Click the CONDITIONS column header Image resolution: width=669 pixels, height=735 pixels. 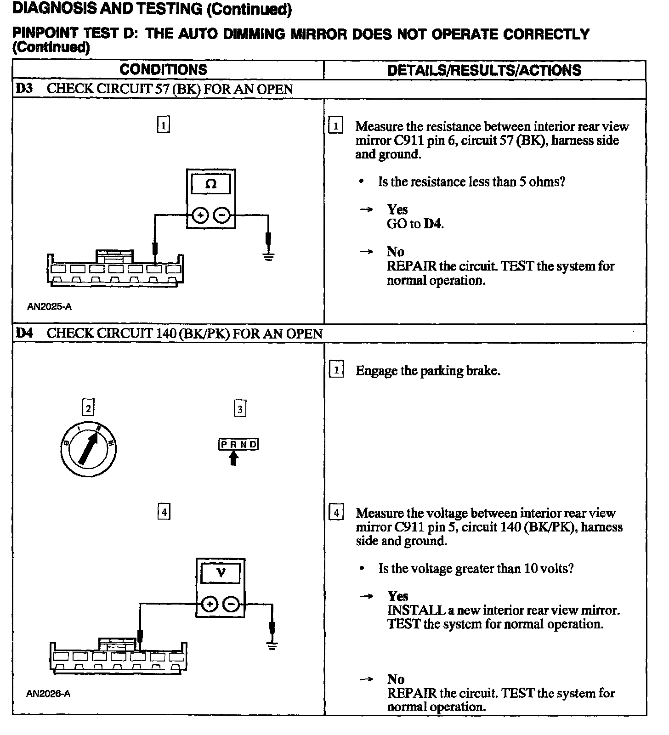pyautogui.click(x=163, y=70)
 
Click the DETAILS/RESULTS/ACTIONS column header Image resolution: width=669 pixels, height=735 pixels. pyautogui.click(x=484, y=70)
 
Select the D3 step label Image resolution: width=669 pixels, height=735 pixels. pyautogui.click(x=24, y=89)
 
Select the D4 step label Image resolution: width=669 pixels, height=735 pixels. pyautogui.click(x=24, y=333)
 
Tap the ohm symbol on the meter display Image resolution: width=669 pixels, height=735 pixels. pyautogui.click(x=210, y=184)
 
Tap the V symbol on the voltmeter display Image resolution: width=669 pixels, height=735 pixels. pyautogui.click(x=221, y=573)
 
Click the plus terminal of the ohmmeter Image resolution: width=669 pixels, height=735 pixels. pyautogui.click(x=200, y=215)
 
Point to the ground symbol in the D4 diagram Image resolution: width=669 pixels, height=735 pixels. pyautogui.click(x=272, y=646)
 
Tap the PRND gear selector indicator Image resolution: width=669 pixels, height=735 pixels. pyautogui.click(x=238, y=444)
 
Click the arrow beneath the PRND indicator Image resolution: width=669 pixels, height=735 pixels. pyautogui.click(x=234, y=458)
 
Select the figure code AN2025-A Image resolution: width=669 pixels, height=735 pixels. pyautogui.click(x=49, y=306)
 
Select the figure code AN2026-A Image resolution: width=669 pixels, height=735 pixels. pyautogui.click(x=48, y=694)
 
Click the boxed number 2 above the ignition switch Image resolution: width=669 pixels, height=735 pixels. pyautogui.click(x=88, y=408)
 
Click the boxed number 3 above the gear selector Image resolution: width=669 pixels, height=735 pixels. pyautogui.click(x=240, y=408)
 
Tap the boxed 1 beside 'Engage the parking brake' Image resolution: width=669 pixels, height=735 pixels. pyautogui.click(x=336, y=370)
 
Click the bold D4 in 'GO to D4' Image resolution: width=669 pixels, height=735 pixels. pyautogui.click(x=433, y=224)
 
